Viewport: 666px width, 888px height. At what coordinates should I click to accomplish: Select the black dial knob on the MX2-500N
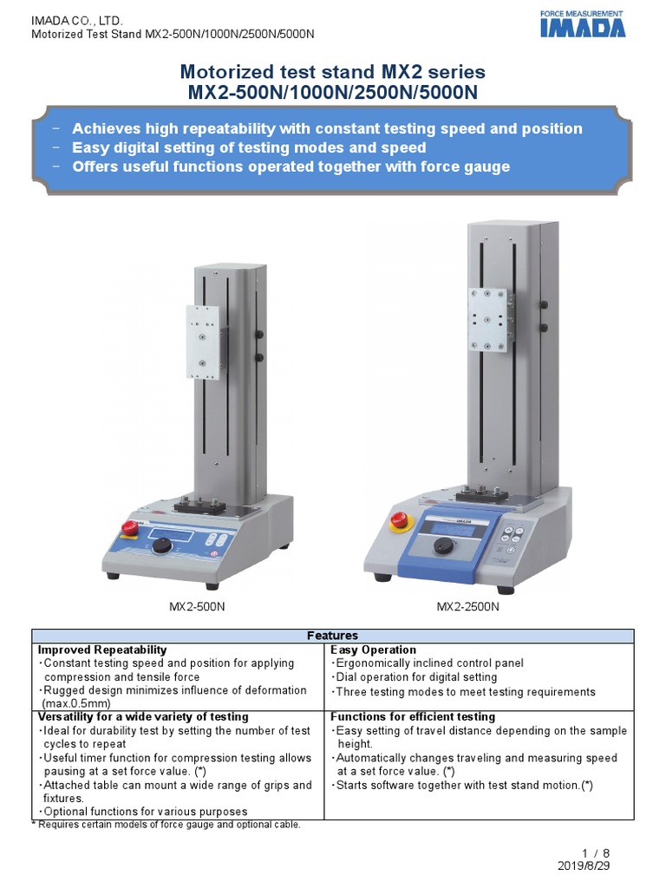pyautogui.click(x=161, y=546)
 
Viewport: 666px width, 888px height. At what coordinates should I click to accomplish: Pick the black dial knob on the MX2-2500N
pyautogui.click(x=444, y=545)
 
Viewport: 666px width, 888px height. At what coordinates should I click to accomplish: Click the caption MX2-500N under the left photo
pyautogui.click(x=197, y=606)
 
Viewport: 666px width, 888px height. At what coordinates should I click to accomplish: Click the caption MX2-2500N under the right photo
pyautogui.click(x=467, y=606)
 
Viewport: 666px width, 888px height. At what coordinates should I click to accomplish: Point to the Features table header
pyautogui.click(x=333, y=636)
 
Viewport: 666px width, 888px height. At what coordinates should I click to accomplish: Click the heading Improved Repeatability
pyautogui.click(x=102, y=650)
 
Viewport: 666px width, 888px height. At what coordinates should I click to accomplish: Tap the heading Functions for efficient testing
pyautogui.click(x=413, y=717)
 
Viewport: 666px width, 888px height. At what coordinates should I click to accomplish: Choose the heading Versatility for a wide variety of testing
pyautogui.click(x=143, y=717)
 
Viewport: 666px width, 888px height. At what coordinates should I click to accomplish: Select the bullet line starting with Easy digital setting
pyautogui.click(x=249, y=147)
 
